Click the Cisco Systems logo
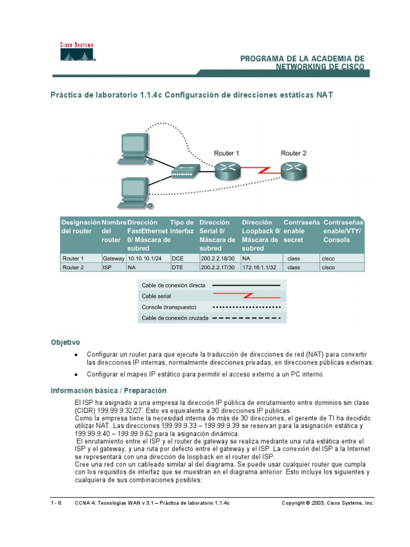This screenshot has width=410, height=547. tap(76, 53)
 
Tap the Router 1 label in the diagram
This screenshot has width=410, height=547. tap(226, 153)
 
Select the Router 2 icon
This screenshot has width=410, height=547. tap(293, 170)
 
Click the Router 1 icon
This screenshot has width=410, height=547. tap(226, 171)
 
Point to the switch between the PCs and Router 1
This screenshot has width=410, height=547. tap(185, 170)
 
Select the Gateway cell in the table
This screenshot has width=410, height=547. tap(113, 258)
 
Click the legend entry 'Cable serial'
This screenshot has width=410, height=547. tap(156, 295)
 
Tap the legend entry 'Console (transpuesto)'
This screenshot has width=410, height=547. tap(169, 307)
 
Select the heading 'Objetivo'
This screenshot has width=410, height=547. tap(65, 341)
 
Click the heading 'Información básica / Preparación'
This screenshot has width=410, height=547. tap(108, 390)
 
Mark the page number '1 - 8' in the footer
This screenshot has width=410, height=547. tap(56, 503)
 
